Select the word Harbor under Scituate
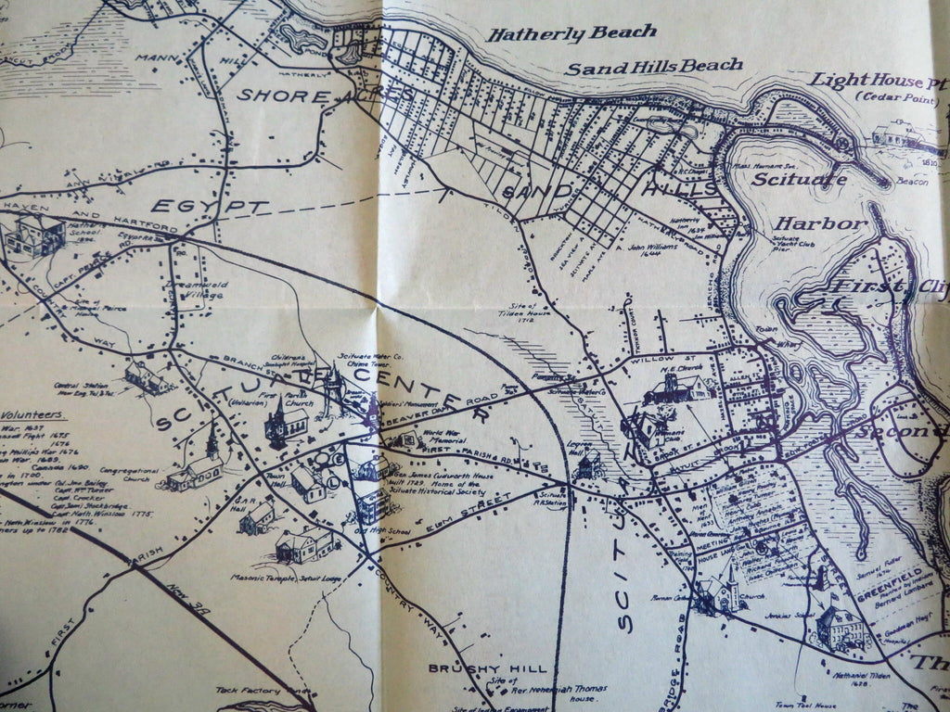[820, 224]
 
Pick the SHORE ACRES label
[326, 94]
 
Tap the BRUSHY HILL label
[487, 667]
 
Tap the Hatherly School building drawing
[34, 234]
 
